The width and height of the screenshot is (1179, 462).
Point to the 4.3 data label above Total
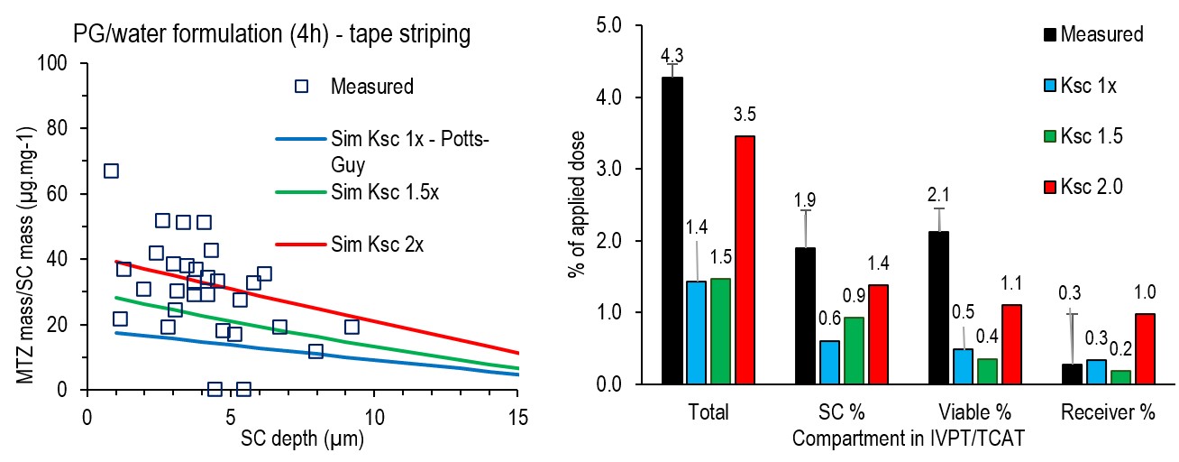pos(672,56)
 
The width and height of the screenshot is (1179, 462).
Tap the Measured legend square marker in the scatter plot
pos(302,87)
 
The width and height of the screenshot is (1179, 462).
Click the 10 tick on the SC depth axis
pos(373,420)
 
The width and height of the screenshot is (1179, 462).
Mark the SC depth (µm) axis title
pos(301,440)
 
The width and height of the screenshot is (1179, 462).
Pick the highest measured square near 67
pos(111,171)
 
